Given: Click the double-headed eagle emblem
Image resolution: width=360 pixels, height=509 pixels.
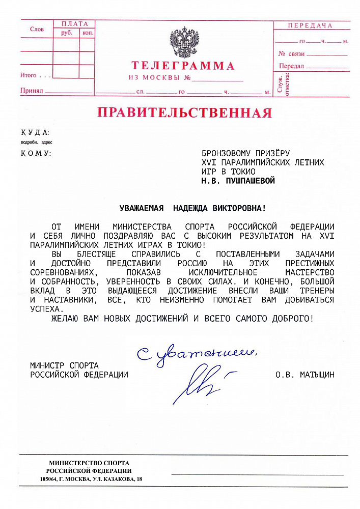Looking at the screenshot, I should (x=184, y=43).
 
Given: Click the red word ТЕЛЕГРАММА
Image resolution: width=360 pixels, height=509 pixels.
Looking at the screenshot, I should (x=183, y=66).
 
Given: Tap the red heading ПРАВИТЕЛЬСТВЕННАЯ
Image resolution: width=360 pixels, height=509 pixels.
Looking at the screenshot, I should (x=185, y=112).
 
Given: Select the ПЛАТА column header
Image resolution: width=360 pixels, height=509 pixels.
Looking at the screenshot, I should (x=74, y=24).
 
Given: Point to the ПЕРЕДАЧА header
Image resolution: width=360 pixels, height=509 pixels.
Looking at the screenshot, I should (x=310, y=25).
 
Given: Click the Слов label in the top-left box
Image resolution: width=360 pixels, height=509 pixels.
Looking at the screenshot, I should (x=37, y=30).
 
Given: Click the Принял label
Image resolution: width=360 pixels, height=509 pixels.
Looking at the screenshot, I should (x=32, y=91).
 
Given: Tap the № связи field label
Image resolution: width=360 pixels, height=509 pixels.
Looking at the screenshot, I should (x=291, y=53).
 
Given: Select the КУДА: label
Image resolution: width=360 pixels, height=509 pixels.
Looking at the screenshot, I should (x=35, y=132).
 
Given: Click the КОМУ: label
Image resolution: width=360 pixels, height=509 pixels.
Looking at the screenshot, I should (x=36, y=153).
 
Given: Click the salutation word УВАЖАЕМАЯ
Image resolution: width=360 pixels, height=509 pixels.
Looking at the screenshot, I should (x=142, y=208).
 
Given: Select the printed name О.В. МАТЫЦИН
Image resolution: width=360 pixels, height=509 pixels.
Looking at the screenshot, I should (x=305, y=375).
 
